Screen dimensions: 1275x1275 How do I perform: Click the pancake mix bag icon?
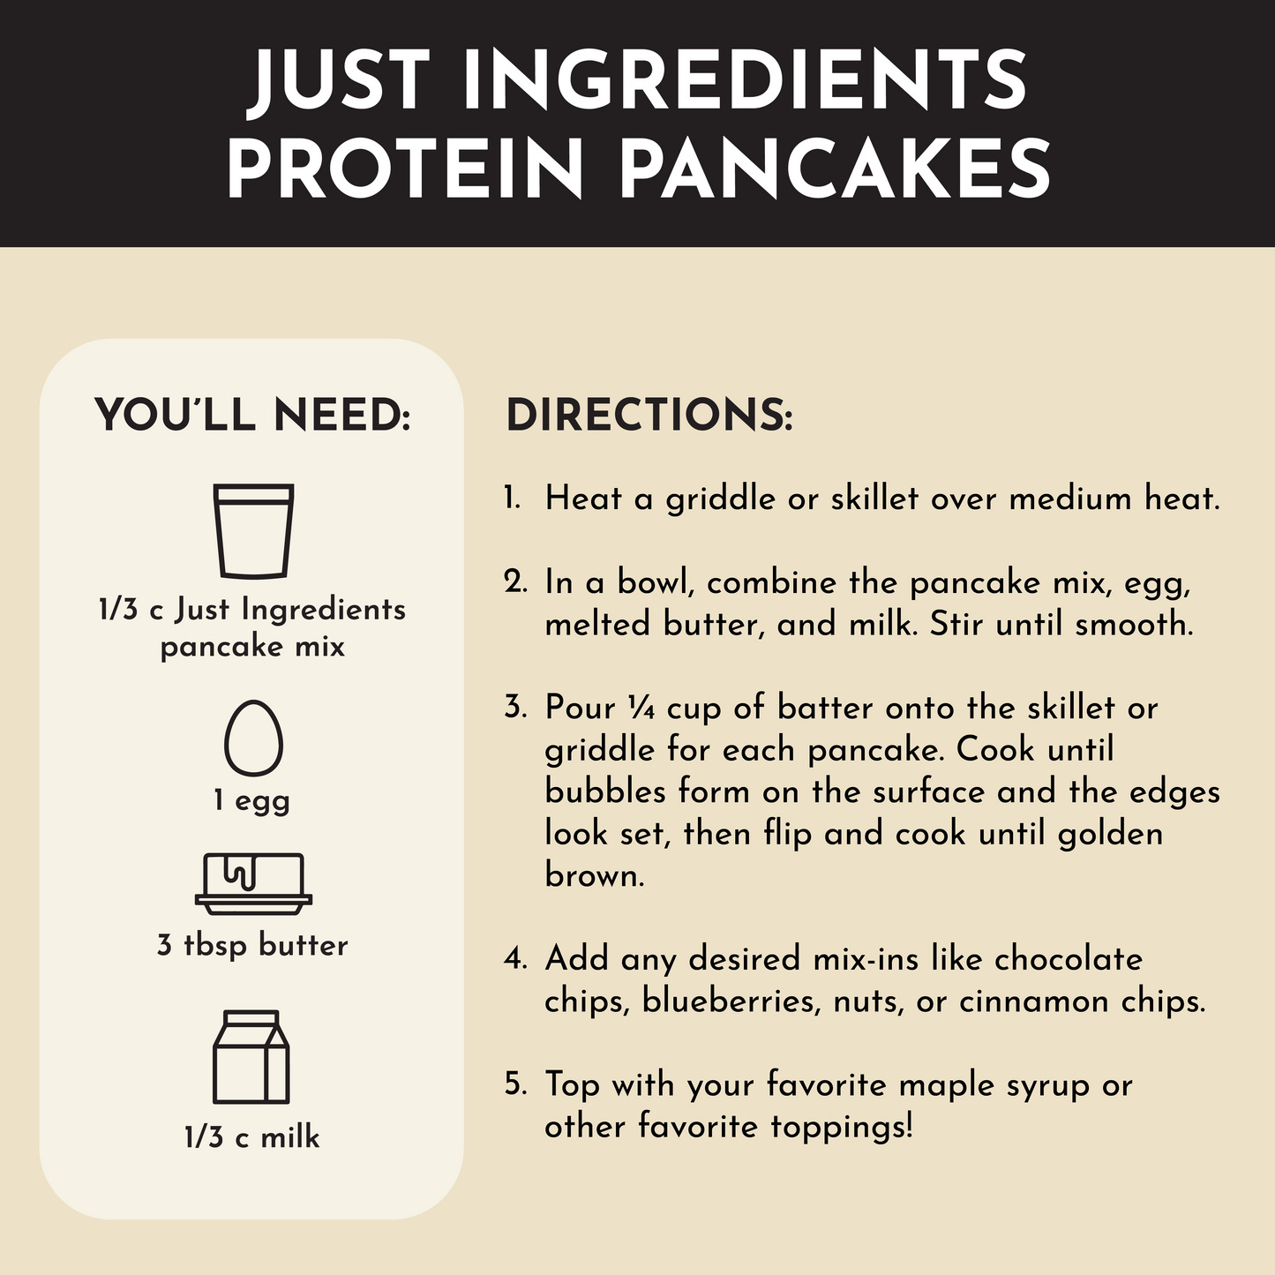click(253, 531)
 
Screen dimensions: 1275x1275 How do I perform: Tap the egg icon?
click(253, 738)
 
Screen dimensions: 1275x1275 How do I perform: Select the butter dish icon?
click(253, 884)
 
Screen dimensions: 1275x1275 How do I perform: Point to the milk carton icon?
click(251, 1057)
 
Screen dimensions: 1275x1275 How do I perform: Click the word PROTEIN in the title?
click(405, 168)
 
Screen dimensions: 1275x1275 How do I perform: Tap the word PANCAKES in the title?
click(835, 168)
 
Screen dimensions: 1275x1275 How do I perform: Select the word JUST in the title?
click(339, 79)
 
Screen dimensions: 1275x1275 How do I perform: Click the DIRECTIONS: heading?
click(649, 416)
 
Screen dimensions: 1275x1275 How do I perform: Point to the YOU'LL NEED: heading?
click(252, 416)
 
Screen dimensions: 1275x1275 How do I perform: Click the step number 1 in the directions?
click(511, 499)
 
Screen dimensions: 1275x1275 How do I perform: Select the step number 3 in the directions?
click(514, 708)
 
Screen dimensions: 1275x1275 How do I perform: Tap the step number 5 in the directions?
click(514, 1084)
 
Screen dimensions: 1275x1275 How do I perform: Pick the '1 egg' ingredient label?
click(252, 802)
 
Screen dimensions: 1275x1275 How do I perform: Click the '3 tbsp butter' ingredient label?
click(252, 944)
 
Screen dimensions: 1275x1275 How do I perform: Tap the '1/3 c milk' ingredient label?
click(252, 1136)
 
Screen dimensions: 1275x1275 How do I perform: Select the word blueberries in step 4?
click(731, 1001)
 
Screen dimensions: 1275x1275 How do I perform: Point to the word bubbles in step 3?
click(604, 791)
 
